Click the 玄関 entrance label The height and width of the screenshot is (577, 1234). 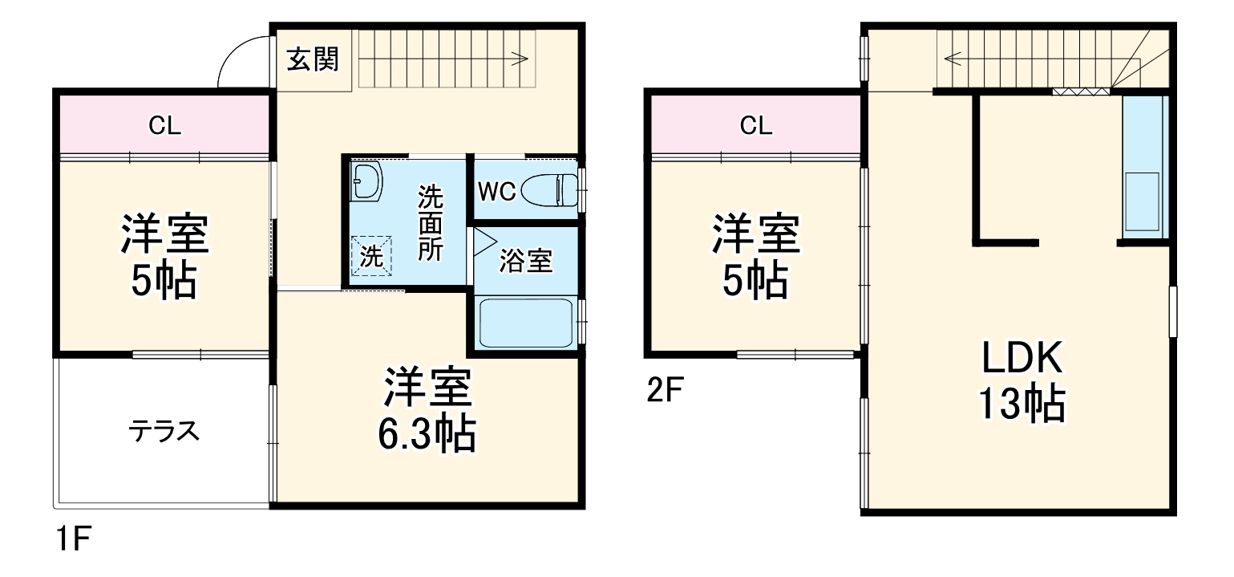[313, 59]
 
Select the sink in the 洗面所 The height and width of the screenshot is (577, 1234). [367, 183]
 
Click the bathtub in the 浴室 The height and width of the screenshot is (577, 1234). [525, 323]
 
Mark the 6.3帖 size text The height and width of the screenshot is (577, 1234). [427, 435]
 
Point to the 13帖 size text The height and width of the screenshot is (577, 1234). [1021, 405]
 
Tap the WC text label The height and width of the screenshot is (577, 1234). [497, 192]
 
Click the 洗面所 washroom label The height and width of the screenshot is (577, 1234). [431, 222]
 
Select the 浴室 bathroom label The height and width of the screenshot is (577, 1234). [526, 260]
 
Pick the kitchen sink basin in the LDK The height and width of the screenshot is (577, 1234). [1142, 201]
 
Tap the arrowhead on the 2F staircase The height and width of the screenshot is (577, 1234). [951, 58]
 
